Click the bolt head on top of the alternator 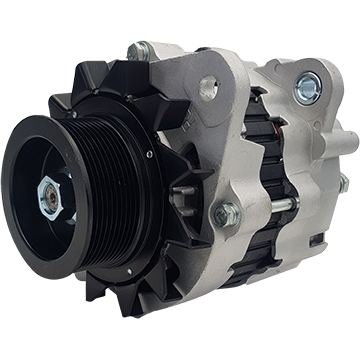139,50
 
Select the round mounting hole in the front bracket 208,89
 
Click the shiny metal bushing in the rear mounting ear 308,88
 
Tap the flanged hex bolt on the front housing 227,214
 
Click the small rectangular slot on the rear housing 318,239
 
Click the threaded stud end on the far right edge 344,184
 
